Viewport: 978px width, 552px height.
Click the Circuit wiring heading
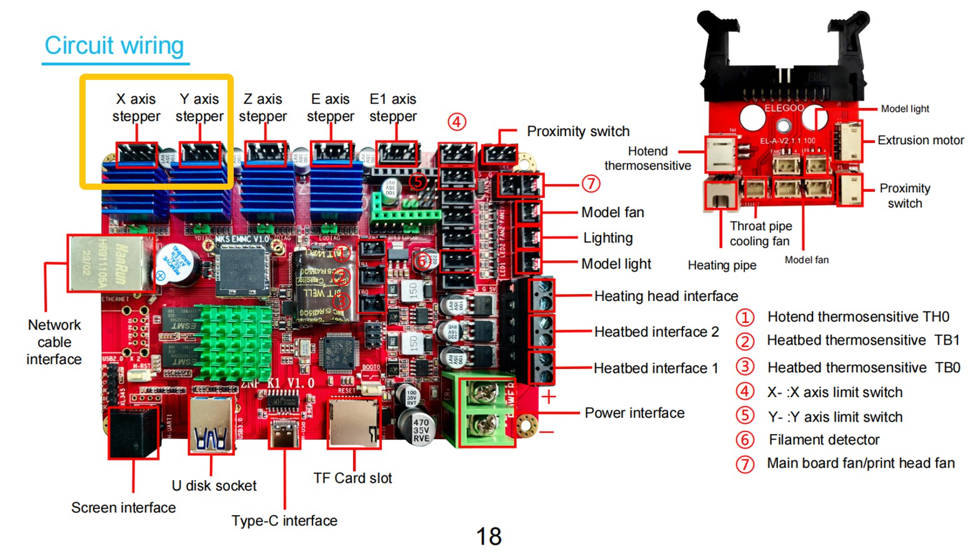(x=114, y=46)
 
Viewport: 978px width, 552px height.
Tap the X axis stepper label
(x=136, y=107)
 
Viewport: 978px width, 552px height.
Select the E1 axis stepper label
(x=393, y=107)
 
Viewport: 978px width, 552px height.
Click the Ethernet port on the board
(x=111, y=263)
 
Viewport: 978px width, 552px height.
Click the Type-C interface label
(x=284, y=521)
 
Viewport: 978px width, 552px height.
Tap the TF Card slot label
(x=352, y=478)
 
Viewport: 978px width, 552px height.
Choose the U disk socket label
(x=214, y=486)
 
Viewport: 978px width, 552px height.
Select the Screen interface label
(x=124, y=508)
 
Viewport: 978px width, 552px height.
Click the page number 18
(x=489, y=536)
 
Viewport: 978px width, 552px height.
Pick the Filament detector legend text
(x=824, y=440)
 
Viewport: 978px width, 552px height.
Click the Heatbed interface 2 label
(x=656, y=332)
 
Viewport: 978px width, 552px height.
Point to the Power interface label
(x=634, y=413)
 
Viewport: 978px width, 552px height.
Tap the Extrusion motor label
(x=921, y=140)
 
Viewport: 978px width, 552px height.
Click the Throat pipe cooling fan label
(x=761, y=234)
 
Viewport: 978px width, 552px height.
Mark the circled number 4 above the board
(x=457, y=122)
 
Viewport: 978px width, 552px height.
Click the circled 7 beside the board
(x=591, y=184)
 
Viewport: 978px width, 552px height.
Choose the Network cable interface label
(x=54, y=342)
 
